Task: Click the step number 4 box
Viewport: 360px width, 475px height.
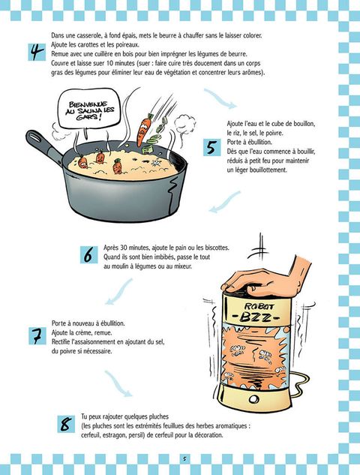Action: pos(37,52)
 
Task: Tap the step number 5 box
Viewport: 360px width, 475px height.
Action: pos(212,148)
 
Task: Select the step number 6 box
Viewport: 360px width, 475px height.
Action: pos(88,255)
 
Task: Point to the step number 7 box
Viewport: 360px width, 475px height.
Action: pos(37,336)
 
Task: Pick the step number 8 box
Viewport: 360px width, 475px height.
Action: pos(66,424)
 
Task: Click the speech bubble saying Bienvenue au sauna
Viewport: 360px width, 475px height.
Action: pos(89,109)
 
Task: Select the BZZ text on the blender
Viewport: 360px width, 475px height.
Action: pos(256,317)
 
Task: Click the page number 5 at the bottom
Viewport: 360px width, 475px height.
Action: pos(184,458)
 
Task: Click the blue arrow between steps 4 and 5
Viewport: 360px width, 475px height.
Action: pos(220,98)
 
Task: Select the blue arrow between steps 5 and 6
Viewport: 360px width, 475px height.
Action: pos(225,202)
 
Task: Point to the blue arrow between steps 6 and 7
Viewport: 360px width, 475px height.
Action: pos(119,292)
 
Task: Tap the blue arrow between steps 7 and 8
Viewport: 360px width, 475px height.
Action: pos(118,383)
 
